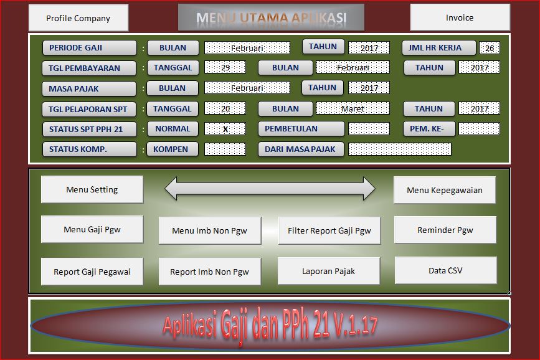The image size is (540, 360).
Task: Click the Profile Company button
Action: coord(78,18)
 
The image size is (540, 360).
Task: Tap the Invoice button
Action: coord(459,17)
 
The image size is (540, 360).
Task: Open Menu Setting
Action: coord(92,189)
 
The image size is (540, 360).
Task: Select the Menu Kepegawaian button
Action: coord(444,190)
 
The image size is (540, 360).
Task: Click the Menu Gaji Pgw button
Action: coord(92,229)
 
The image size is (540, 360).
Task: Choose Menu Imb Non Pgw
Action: coord(209,230)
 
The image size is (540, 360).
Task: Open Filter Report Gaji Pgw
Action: coord(329,230)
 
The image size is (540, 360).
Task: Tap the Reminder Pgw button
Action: coord(445,230)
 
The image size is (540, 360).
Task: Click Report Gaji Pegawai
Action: coord(92,272)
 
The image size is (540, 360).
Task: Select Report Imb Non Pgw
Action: coord(209,272)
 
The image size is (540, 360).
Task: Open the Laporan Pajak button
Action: coord(328,271)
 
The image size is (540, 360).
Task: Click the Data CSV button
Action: coord(445,270)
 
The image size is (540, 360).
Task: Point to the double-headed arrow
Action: coord(270,189)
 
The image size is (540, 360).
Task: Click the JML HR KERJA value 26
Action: coord(489,47)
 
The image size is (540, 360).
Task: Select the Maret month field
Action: coord(353,108)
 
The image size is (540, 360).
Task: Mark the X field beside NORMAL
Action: coord(225,129)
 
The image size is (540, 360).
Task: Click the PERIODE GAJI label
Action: coord(89,47)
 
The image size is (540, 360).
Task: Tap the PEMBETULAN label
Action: coord(301,129)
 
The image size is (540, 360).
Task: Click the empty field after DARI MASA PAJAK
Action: coord(399,149)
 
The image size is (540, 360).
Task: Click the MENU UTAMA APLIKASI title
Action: coord(271,17)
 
